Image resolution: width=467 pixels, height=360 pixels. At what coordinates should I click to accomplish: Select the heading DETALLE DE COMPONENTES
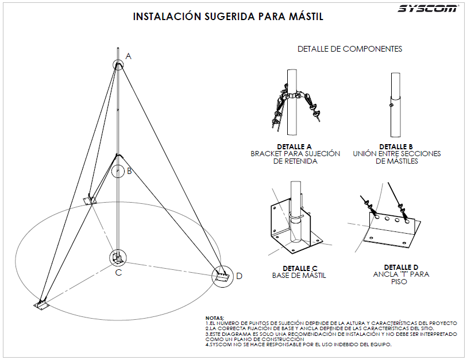(349, 49)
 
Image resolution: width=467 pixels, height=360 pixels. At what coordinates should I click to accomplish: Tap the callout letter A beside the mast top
(129, 56)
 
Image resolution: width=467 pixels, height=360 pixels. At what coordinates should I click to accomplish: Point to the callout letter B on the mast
(129, 171)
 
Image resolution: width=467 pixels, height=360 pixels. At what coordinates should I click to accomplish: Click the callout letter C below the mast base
(118, 272)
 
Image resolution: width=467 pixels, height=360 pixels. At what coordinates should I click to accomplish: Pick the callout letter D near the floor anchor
(239, 276)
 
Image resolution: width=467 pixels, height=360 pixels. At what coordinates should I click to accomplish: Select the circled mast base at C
(117, 257)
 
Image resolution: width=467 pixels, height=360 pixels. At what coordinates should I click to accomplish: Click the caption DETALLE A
(294, 146)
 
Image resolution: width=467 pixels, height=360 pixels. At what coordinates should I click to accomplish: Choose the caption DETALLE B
(396, 146)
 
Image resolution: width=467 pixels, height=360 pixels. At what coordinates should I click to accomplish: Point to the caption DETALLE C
(300, 268)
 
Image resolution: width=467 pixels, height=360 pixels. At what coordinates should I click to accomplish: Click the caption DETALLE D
(402, 267)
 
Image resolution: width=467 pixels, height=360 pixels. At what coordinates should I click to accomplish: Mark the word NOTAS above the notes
(215, 318)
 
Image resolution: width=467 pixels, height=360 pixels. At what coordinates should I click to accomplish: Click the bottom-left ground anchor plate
(41, 304)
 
